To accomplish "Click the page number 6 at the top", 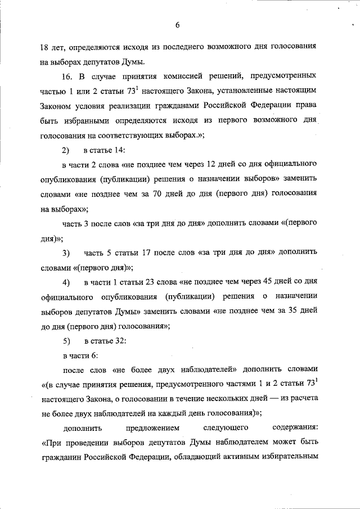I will tap(177, 25).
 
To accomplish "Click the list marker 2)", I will tap(66, 150).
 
